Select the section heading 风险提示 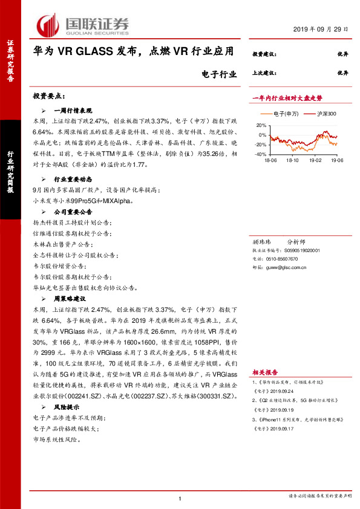pos(68,408)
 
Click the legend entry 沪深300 pos(318,114)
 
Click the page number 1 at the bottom pos(180,498)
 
